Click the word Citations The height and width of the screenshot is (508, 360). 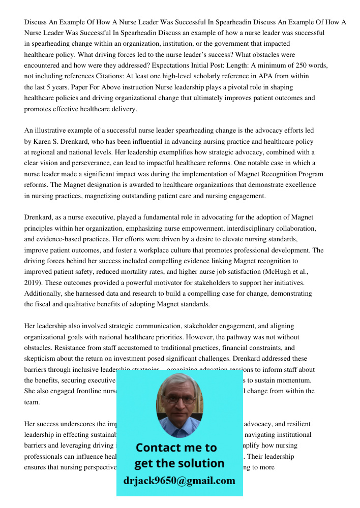pyautogui.click(x=97, y=76)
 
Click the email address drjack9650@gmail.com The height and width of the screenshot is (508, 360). pyautogui.click(x=179, y=481)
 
